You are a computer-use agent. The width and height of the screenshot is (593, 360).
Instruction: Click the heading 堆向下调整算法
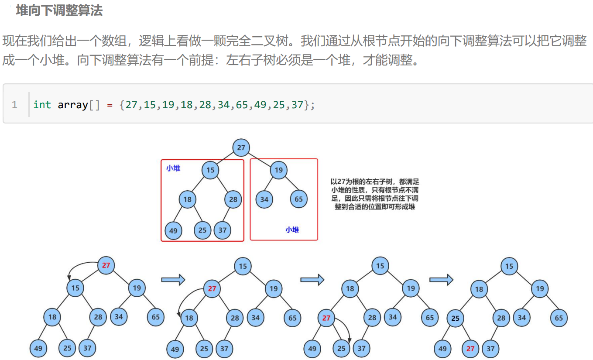(59, 10)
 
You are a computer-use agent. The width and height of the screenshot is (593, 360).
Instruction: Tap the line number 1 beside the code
(14, 105)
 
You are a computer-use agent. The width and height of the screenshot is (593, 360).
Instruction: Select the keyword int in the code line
(42, 105)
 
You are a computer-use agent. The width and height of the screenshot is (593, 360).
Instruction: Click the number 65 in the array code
(242, 105)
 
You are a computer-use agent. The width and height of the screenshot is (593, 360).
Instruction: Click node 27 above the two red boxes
(241, 147)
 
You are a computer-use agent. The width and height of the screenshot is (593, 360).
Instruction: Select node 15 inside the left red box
(210, 170)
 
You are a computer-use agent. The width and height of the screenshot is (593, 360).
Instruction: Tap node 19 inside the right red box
(278, 170)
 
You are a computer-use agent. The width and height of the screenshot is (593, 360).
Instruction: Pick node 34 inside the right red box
(264, 199)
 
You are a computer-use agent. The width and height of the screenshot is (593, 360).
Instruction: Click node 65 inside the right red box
(298, 199)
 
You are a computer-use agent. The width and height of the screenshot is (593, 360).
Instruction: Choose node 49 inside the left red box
(173, 230)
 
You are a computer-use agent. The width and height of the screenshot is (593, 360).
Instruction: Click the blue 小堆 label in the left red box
(173, 168)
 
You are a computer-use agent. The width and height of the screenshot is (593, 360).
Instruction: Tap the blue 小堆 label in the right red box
(292, 230)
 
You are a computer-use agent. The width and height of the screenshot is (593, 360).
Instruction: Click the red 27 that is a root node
(106, 265)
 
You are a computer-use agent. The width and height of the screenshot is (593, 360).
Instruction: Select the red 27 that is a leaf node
(470, 349)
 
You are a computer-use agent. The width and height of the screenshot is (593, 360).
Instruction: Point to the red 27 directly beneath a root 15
(212, 288)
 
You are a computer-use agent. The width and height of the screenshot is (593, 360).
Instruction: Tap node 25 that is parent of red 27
(456, 319)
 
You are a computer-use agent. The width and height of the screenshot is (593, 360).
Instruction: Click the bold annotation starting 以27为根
(375, 194)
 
